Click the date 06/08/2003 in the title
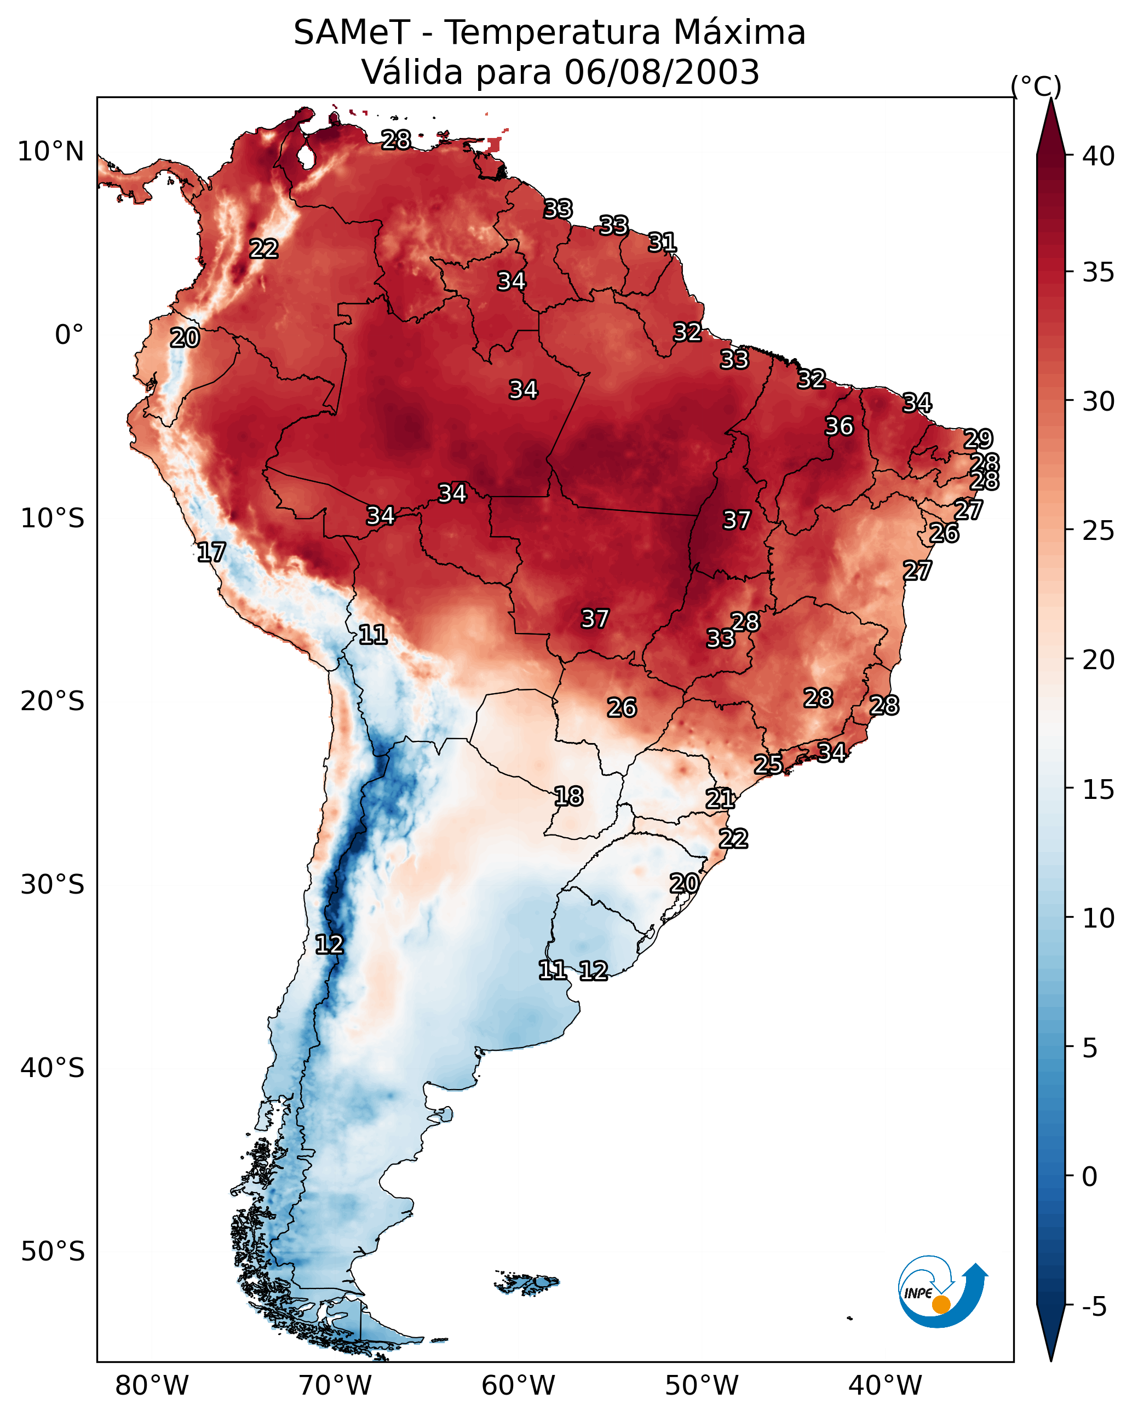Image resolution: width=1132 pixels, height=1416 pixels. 662,72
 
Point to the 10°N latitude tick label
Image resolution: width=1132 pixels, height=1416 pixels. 50,152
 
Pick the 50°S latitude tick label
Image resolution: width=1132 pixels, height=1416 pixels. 53,1252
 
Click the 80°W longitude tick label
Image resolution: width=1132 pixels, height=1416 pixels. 152,1386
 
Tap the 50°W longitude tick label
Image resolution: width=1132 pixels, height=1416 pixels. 702,1386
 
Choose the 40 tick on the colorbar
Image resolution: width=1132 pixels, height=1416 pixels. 1099,156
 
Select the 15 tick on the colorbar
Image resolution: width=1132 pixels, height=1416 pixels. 1099,790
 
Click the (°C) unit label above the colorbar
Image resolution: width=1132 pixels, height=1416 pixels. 1036,86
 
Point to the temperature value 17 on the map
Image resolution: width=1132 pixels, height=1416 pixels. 211,552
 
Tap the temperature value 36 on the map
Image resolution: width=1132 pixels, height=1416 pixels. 839,426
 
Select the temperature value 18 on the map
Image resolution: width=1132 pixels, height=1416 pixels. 568,797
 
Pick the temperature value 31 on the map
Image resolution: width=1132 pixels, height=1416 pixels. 662,243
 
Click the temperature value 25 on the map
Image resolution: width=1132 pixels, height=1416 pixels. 768,764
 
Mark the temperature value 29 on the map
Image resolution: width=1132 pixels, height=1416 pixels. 978,439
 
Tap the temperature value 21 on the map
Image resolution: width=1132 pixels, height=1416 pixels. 720,799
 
